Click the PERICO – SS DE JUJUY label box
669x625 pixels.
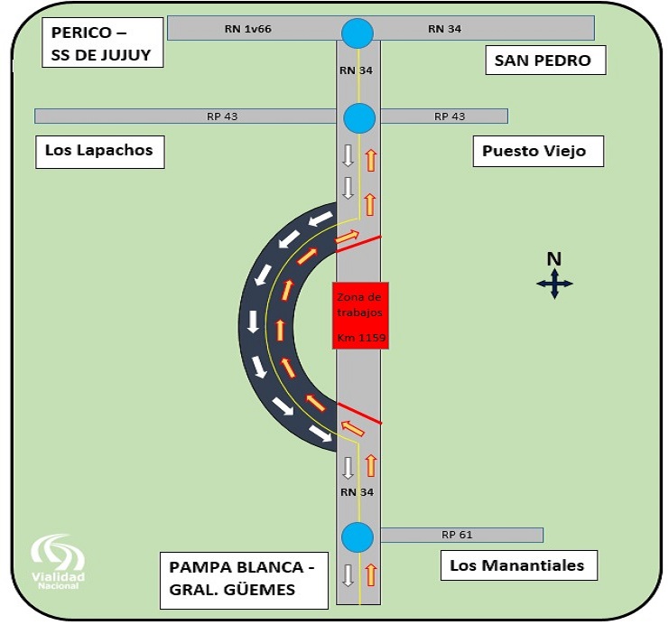click(x=102, y=42)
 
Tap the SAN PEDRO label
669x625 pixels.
click(x=545, y=61)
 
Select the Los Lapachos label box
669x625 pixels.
click(x=100, y=152)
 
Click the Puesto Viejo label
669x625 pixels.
click(x=538, y=151)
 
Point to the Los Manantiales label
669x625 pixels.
click(x=519, y=565)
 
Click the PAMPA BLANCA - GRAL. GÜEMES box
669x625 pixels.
click(x=244, y=580)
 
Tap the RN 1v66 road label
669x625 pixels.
click(x=248, y=29)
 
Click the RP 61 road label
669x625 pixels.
click(x=457, y=535)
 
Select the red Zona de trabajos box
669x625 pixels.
click(x=360, y=315)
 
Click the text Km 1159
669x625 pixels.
click(x=361, y=338)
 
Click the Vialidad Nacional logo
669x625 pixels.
click(x=58, y=562)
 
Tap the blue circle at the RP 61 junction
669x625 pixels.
click(x=358, y=537)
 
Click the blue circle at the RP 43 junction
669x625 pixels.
click(x=359, y=117)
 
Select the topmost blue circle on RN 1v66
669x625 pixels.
click(x=358, y=33)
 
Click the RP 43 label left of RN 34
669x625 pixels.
click(x=222, y=117)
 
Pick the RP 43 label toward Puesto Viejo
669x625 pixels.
click(x=450, y=117)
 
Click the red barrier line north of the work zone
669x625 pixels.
click(x=358, y=244)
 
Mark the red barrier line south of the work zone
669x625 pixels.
click(x=359, y=413)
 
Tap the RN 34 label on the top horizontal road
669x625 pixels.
click(x=444, y=29)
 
